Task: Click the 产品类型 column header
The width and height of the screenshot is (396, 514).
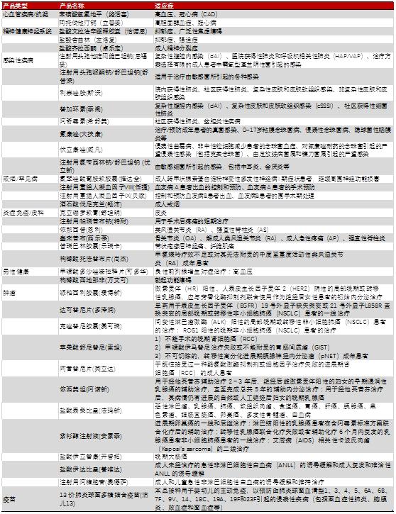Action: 15,4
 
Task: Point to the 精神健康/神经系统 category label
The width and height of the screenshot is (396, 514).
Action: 27,31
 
